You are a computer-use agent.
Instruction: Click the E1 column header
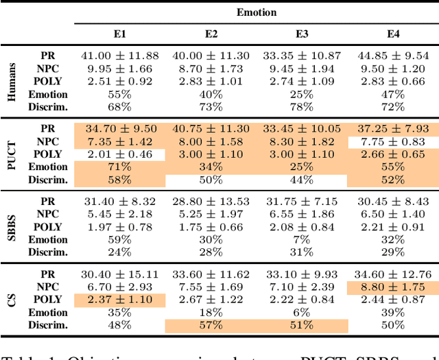(119, 33)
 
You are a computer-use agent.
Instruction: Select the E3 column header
(302, 33)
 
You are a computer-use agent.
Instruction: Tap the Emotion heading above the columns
(256, 12)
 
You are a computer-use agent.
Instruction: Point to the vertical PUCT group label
(12, 154)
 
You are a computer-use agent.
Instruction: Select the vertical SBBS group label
(12, 227)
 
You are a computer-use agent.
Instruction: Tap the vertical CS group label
(12, 300)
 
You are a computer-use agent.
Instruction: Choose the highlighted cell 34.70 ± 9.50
(119, 129)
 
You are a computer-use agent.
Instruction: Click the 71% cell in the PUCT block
(119, 167)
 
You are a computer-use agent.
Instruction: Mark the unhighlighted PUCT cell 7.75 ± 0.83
(393, 141)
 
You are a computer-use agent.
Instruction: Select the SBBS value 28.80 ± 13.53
(211, 202)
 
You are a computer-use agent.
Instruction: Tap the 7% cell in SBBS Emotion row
(302, 239)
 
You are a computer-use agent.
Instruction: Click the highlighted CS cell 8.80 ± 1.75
(393, 287)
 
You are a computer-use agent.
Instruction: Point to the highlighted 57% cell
(211, 324)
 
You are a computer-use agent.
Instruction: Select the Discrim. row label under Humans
(48, 106)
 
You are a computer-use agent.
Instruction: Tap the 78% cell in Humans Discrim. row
(302, 106)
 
